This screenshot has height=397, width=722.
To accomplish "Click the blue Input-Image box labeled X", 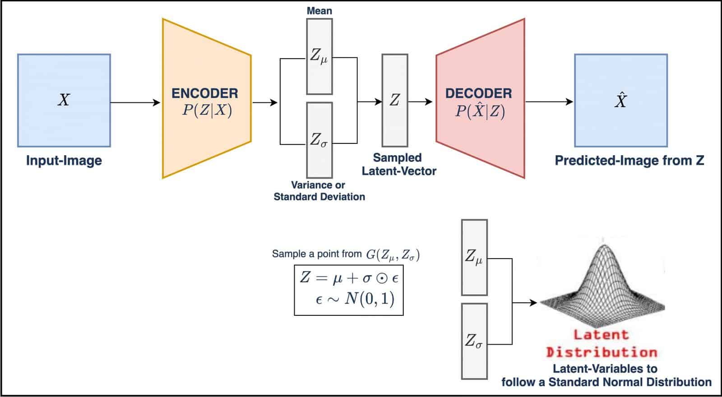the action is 64,101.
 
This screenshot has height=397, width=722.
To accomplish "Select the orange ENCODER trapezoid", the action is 207,98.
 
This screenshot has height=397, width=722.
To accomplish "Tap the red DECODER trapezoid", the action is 480,98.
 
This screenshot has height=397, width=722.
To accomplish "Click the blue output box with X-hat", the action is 621,101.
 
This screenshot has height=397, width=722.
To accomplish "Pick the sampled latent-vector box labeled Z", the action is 395,101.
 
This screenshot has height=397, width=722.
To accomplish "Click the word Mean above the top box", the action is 319,11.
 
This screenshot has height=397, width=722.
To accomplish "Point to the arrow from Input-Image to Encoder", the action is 135,102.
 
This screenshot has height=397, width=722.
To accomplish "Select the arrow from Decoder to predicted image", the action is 549,102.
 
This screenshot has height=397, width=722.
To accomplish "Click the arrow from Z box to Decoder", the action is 420,102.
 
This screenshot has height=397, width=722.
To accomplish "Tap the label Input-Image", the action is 64,161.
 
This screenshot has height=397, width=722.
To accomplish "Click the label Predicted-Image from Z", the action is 629,161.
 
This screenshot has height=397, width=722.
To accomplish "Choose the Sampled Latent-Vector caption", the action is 399,164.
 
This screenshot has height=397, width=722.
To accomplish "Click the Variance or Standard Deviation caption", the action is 319,191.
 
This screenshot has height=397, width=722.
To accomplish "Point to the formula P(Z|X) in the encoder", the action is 207,111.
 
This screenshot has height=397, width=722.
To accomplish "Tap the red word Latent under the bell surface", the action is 602,335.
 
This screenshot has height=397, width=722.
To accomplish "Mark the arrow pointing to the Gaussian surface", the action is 525,303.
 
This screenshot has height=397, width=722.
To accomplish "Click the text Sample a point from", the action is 317,254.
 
